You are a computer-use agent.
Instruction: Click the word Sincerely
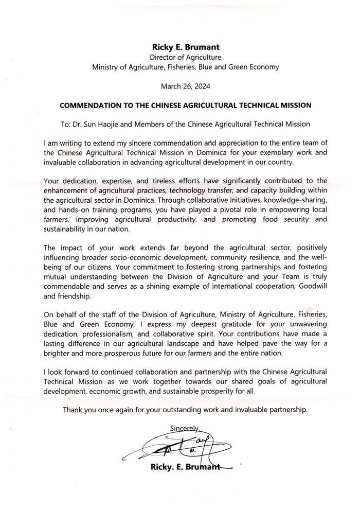tap(184, 428)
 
